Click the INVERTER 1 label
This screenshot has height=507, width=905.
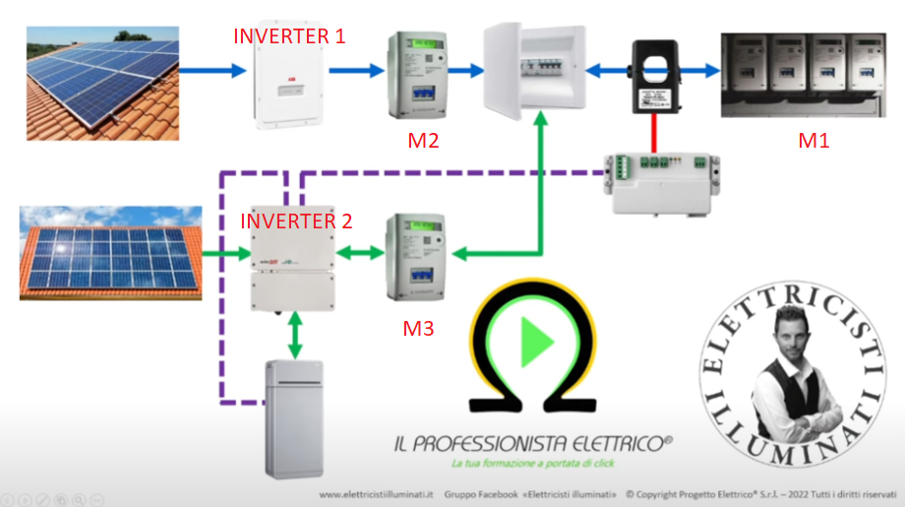289,37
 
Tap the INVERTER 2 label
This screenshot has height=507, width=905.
296,221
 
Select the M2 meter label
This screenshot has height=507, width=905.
423,140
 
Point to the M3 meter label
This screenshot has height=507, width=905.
418,328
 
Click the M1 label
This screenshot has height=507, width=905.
814,140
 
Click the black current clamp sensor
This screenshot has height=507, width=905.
650,74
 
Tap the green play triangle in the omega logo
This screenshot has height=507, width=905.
535,342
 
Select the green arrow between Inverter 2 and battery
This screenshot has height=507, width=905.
293,337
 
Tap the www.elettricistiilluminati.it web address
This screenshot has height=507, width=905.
377,492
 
